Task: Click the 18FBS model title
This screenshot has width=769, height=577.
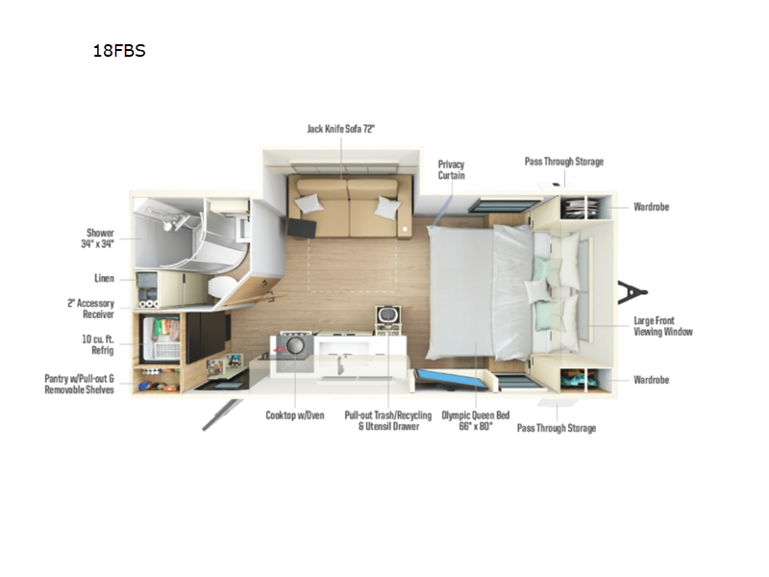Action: (x=119, y=51)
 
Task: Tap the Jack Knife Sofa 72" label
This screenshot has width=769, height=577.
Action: (x=341, y=129)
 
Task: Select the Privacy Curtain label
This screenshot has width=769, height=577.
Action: (x=451, y=170)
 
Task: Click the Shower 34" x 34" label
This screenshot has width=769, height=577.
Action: (x=98, y=238)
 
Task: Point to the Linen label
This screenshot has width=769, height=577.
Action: (x=104, y=278)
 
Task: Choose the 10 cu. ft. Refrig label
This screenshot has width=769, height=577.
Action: (x=98, y=344)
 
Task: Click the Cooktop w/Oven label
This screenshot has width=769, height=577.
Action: (x=295, y=415)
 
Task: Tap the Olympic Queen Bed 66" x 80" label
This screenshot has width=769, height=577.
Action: (x=476, y=420)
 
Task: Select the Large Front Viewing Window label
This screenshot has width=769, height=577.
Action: (x=663, y=326)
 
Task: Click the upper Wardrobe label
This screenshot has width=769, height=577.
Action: (x=652, y=207)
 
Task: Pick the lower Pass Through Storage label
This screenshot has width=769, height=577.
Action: (x=557, y=428)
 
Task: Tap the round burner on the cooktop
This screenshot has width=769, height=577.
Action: (x=295, y=345)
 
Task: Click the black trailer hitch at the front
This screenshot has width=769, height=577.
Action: (x=632, y=292)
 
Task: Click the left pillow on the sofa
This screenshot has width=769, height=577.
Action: (x=309, y=203)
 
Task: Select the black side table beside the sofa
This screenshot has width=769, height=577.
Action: (x=301, y=228)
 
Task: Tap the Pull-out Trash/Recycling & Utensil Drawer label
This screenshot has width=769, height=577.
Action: (x=388, y=420)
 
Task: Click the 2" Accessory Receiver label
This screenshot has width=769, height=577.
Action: (x=90, y=309)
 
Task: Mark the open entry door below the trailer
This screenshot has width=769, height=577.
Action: (x=222, y=414)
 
